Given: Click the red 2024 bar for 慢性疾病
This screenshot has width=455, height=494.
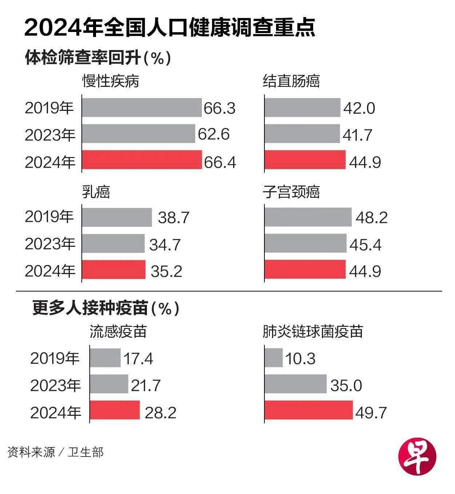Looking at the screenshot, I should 142,160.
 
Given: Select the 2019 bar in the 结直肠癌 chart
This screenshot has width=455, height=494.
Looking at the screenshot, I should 302,108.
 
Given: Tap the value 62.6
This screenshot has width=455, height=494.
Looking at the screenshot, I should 213,134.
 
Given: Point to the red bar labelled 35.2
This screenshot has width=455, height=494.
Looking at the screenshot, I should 113,270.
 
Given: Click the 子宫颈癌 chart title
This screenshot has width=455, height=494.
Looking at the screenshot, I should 291,192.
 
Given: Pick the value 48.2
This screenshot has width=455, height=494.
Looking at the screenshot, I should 371,217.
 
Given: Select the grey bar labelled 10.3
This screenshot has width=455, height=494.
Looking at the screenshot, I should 274,358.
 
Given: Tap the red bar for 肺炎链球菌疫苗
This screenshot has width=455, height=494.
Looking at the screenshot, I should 308,410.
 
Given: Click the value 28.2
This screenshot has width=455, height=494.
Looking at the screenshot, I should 160,413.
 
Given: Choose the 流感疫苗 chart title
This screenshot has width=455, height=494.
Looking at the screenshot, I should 118,332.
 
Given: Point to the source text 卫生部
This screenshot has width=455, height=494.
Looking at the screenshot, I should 85,452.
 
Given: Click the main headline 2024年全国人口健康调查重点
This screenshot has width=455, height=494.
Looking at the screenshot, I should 169,28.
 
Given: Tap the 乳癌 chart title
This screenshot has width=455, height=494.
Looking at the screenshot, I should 96,192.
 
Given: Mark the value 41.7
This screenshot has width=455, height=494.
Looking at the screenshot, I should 357,135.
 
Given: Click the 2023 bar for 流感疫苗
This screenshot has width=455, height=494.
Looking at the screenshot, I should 109,384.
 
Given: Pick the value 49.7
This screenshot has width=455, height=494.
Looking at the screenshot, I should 371,413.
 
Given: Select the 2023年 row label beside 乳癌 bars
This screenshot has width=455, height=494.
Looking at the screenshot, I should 50,244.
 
